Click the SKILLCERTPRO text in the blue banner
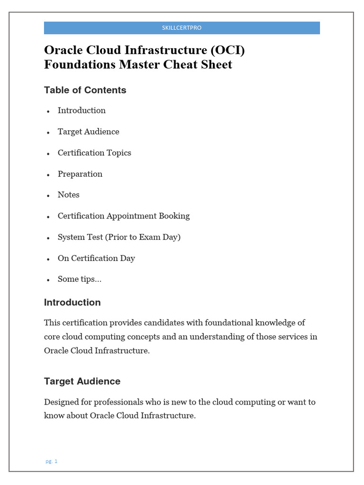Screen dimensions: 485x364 (x=182, y=28)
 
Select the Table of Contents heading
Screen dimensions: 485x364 (x=85, y=90)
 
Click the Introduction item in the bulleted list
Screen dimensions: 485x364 (x=82, y=110)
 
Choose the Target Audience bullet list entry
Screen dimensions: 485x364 (x=88, y=132)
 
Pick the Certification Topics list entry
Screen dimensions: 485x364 (x=94, y=153)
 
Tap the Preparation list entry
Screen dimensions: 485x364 (x=80, y=174)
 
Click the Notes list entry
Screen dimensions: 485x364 (x=68, y=195)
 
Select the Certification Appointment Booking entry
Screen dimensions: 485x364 (x=123, y=216)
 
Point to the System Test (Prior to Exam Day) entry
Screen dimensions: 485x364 (x=119, y=237)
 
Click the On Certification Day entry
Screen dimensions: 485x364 (x=96, y=258)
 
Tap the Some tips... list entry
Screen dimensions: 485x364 (x=79, y=279)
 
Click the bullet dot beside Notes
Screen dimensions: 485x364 (x=48, y=196)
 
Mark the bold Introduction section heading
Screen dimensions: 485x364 (x=72, y=302)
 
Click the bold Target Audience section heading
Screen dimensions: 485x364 (x=82, y=381)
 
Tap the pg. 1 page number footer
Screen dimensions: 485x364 (x=51, y=461)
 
